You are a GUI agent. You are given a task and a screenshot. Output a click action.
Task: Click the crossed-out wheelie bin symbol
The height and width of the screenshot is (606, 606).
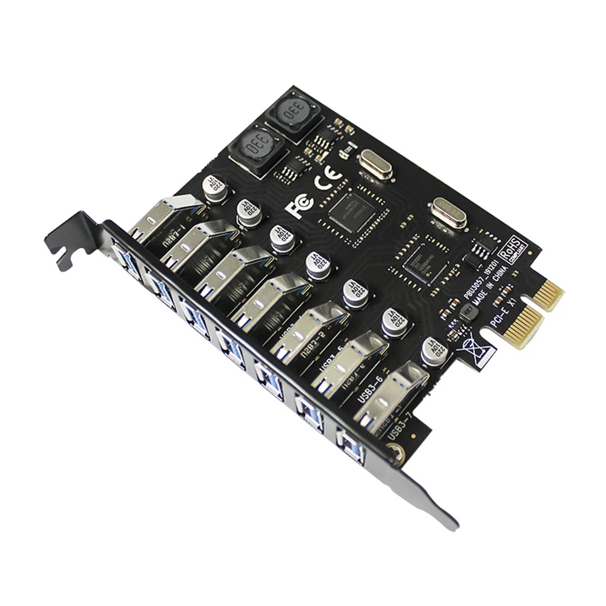474,351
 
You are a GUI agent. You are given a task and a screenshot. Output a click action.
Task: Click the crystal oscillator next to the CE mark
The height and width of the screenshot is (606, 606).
375,165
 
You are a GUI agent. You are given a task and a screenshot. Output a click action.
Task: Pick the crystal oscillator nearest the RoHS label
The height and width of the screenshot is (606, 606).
447,213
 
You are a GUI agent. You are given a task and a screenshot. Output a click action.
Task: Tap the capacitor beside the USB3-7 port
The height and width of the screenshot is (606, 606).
434,352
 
